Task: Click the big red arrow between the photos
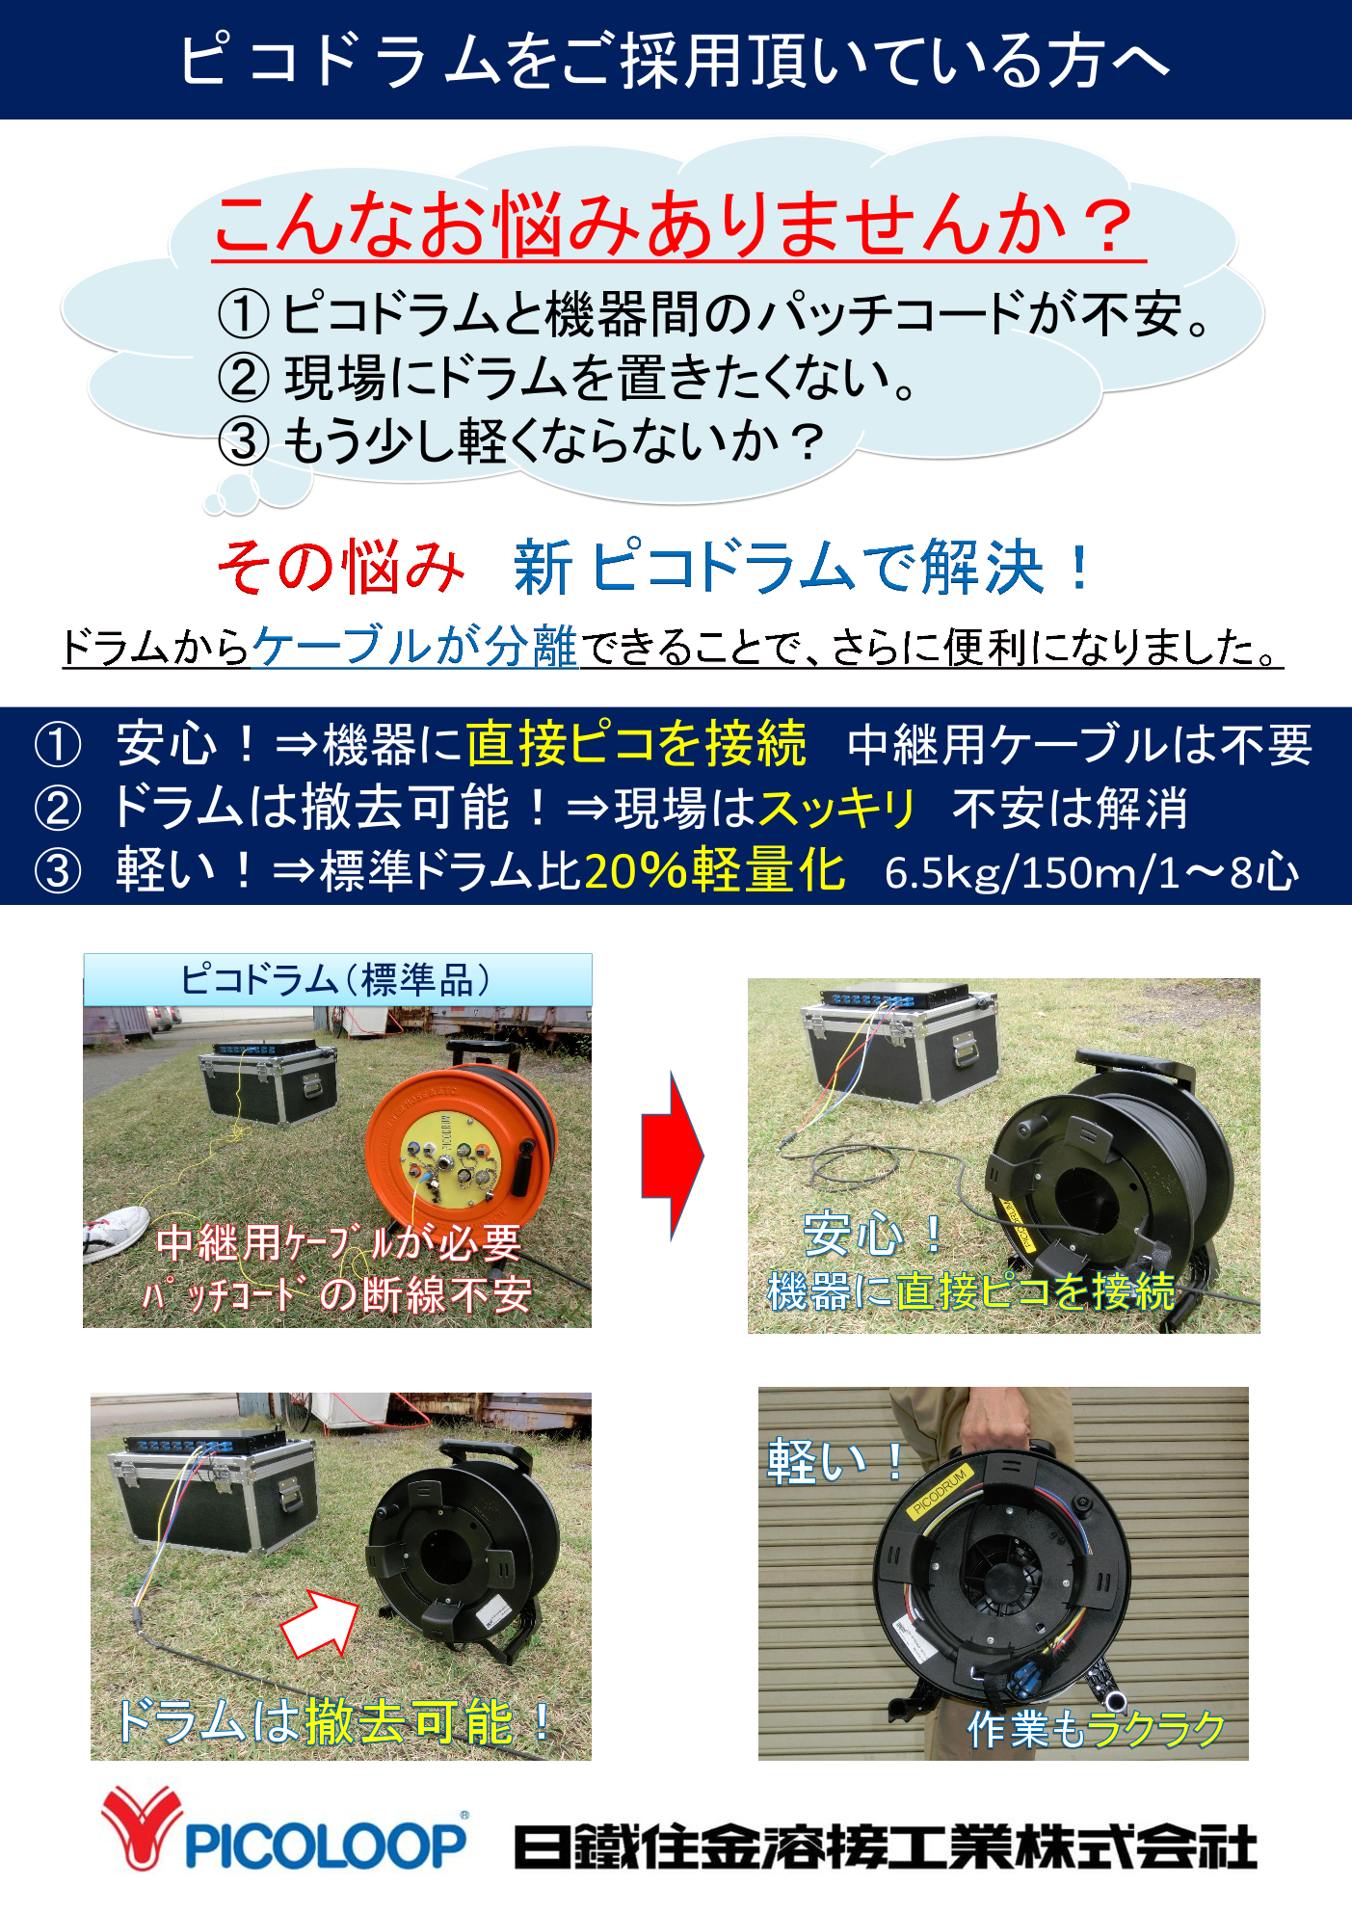pyautogui.click(x=673, y=1155)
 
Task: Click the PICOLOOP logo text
pyautogui.click(x=326, y=1845)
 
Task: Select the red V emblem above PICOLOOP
pyautogui.click(x=142, y=1825)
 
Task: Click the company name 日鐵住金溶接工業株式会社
pyautogui.click(x=886, y=1847)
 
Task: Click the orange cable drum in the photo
pyautogui.click(x=461, y=1151)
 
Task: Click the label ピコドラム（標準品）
pyautogui.click(x=336, y=980)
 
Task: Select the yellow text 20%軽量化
pyautogui.click(x=714, y=870)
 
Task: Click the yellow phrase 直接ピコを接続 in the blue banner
pyautogui.click(x=636, y=743)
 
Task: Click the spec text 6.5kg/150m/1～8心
pyautogui.click(x=1091, y=872)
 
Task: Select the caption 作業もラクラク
pyautogui.click(x=1096, y=1729)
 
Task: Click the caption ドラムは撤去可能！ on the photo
pyautogui.click(x=333, y=1722)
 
